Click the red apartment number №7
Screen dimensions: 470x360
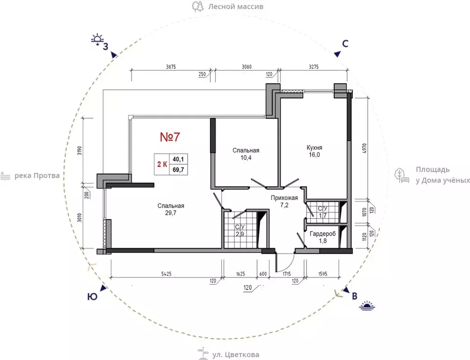170,137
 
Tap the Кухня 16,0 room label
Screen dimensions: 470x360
314,151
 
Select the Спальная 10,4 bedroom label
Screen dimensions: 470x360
246,154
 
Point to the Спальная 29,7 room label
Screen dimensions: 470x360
171,209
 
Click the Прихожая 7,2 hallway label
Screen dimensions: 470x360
284,201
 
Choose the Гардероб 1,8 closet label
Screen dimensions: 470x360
323,237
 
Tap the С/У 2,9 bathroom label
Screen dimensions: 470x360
239,231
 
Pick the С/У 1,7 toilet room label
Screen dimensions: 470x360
322,212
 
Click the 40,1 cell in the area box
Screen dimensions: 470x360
179,159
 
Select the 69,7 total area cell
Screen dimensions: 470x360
179,170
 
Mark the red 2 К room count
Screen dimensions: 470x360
162,164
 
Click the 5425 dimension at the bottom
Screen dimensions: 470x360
166,274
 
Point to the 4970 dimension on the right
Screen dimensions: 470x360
365,149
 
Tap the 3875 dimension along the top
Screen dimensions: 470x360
171,67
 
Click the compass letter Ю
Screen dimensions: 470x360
92,297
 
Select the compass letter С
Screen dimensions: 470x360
345,44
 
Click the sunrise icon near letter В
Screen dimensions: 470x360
367,305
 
